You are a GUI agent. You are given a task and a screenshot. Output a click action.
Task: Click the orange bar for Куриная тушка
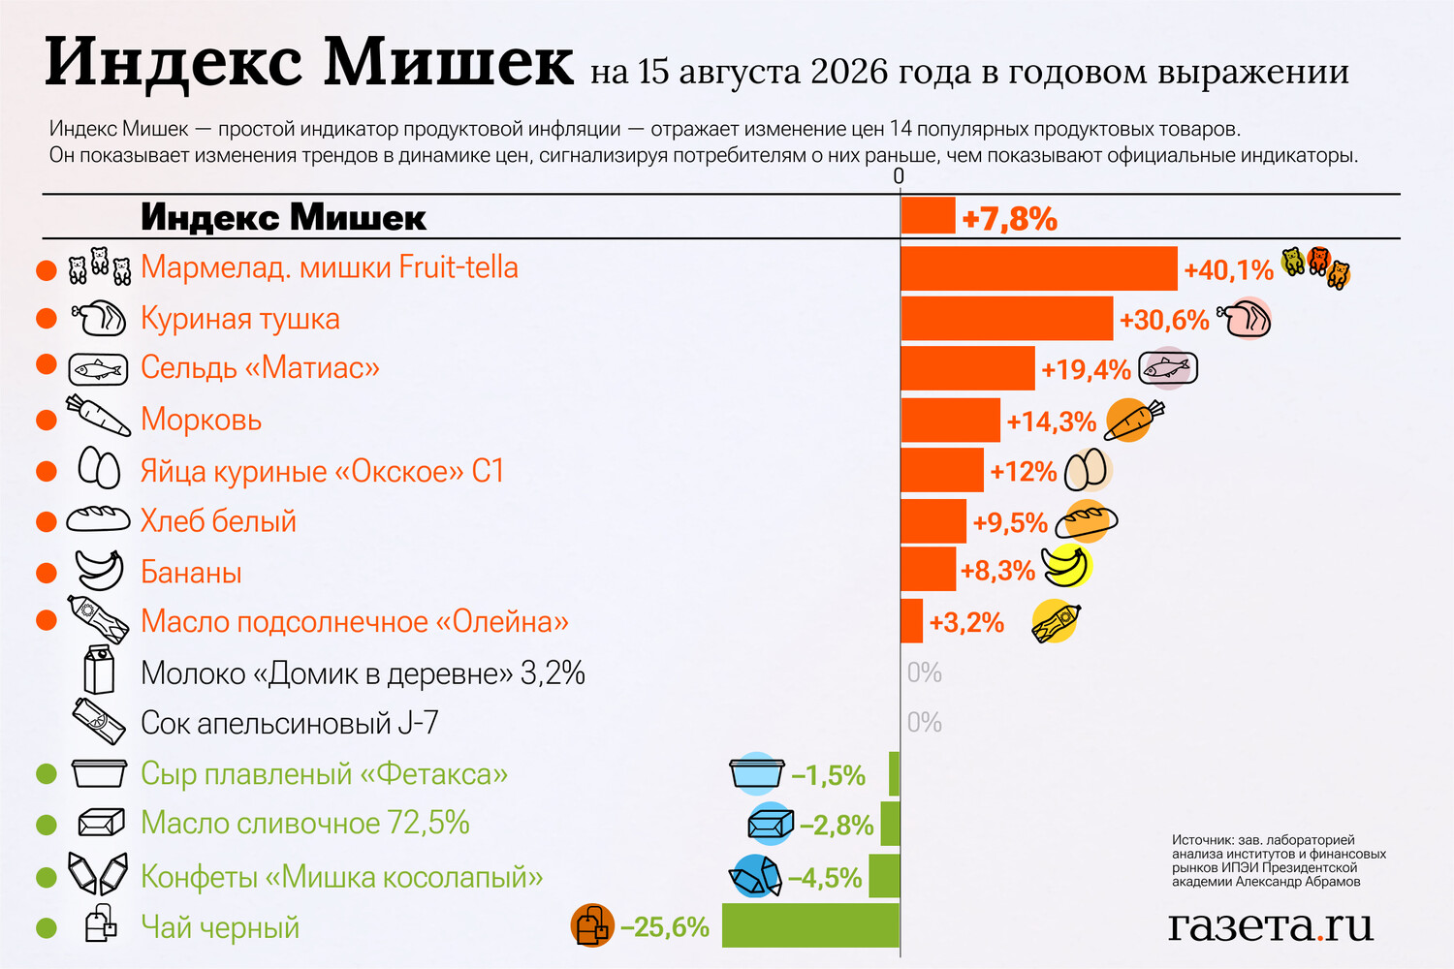coord(1007,318)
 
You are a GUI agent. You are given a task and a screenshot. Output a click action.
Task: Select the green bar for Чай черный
coord(810,924)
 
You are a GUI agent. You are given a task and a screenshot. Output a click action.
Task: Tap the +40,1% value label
coord(1229,270)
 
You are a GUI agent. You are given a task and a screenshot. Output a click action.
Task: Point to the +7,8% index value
coord(1010,219)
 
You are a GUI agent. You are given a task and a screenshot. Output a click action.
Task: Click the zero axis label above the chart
coord(899,176)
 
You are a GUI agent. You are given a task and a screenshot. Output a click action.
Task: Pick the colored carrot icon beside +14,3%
coord(1134,420)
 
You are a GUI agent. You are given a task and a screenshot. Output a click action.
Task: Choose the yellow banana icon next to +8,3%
coord(1066,567)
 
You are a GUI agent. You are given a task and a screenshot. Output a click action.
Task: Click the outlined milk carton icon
coord(99,670)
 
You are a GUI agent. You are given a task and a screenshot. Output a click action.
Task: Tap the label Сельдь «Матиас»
coord(260,367)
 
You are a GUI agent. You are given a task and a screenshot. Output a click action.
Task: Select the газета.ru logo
coord(1270,926)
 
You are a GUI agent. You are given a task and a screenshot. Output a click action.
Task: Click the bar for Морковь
coord(950,420)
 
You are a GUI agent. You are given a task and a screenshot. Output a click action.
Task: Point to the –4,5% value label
coord(824,878)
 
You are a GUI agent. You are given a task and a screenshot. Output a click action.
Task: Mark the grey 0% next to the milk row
coord(925,673)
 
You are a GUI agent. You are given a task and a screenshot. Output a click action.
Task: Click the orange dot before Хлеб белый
coord(47,521)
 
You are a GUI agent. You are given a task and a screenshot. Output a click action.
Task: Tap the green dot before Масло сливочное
coord(47,825)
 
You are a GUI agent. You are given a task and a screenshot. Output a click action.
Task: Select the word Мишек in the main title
coord(449,62)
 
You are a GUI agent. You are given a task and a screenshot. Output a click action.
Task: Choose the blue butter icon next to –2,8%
coord(771,825)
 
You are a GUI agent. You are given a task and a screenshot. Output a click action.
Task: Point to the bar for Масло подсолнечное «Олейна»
coord(911,621)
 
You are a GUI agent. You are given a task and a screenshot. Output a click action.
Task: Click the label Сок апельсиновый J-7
coord(290,722)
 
